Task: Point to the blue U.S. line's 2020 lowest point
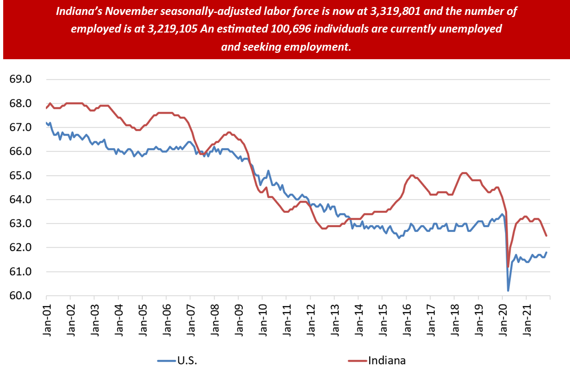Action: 508,291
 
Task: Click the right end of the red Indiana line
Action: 546,236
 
